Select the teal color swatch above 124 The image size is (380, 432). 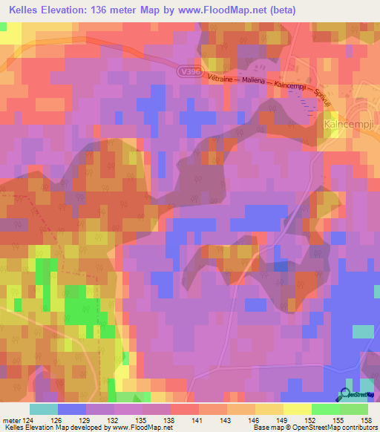pyautogui.click(x=44, y=408)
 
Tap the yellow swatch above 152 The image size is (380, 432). pyautogui.click(x=298, y=408)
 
